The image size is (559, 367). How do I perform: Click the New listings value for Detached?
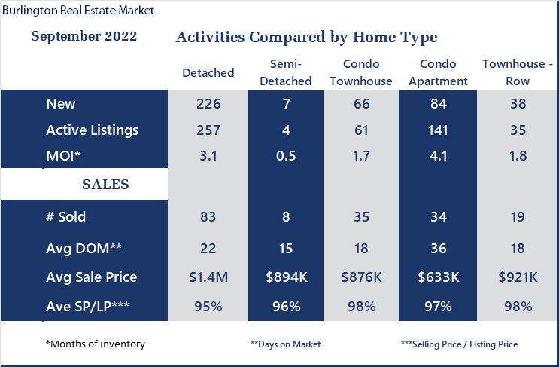[208, 104]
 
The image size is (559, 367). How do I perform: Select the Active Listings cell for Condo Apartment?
[438, 130]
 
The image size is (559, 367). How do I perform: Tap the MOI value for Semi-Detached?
[286, 156]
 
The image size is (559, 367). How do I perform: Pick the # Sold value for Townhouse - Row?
[518, 217]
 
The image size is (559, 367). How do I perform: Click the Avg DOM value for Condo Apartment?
[438, 249]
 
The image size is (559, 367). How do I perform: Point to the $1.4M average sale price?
[208, 277]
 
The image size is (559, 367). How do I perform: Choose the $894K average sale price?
[287, 277]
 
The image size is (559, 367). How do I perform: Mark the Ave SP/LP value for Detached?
[208, 307]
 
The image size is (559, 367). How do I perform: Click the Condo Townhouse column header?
[361, 72]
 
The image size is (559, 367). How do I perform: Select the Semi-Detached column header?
[286, 72]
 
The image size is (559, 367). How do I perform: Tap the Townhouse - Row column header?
[518, 72]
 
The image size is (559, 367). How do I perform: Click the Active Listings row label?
[92, 130]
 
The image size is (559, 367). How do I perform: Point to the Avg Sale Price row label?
[91, 277]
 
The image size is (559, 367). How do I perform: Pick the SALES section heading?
[105, 184]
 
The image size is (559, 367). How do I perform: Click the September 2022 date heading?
[84, 36]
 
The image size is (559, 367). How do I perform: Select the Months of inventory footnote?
[96, 344]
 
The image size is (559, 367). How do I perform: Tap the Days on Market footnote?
[286, 344]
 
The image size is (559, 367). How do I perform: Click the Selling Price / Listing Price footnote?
[459, 344]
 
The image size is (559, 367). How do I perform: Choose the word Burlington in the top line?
[29, 11]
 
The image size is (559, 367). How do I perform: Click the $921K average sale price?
[518, 277]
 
